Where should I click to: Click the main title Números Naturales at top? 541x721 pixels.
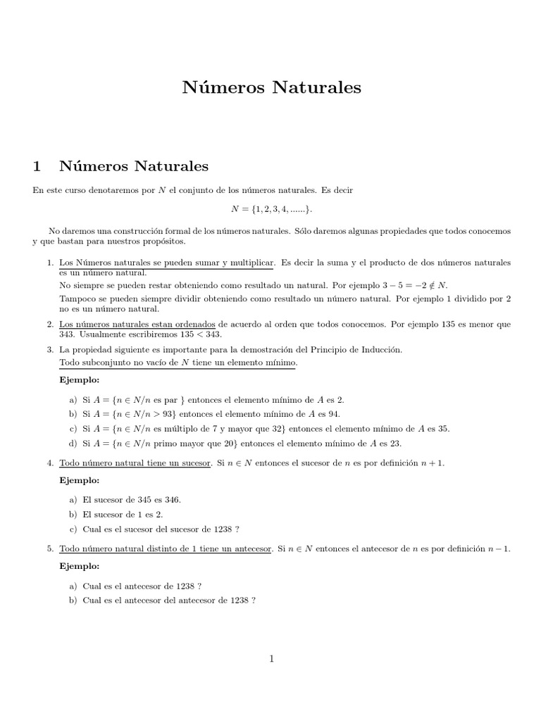(x=271, y=87)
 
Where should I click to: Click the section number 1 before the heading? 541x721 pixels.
(x=38, y=166)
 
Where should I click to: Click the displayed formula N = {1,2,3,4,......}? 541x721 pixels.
(x=271, y=210)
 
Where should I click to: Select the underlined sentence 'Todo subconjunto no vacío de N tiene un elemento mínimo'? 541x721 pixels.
(x=178, y=362)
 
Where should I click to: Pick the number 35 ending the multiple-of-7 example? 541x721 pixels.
(x=443, y=429)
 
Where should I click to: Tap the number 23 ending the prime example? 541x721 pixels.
(x=395, y=444)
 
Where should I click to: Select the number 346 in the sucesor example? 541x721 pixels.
(x=172, y=499)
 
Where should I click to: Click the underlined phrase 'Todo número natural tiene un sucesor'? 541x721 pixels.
(x=134, y=463)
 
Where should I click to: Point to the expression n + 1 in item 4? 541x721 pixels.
(x=436, y=463)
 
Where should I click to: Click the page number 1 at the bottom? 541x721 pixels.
(x=271, y=658)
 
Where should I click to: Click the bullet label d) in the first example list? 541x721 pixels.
(x=73, y=444)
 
